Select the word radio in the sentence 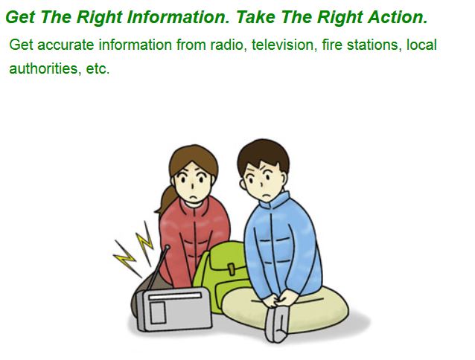225,45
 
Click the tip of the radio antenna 166,246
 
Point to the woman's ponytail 165,199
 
